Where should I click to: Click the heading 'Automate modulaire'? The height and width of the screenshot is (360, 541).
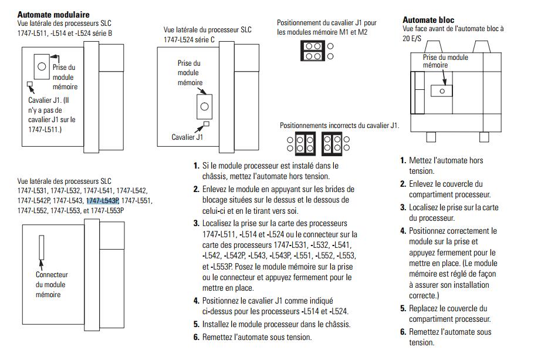tap(53, 14)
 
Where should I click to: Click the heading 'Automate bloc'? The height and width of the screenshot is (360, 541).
tap(428, 20)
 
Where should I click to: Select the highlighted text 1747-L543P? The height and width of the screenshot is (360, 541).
tap(103, 200)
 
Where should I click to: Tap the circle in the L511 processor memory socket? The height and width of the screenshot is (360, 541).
tap(41, 66)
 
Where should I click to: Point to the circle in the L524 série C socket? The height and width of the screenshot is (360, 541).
tap(204, 107)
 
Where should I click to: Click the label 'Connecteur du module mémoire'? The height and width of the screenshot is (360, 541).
tap(52, 284)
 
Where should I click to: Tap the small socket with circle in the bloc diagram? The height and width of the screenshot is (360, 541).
tap(442, 90)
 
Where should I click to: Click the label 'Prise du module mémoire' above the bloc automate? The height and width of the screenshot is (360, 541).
tap(445, 61)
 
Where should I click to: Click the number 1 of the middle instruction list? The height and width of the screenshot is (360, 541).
tap(197, 166)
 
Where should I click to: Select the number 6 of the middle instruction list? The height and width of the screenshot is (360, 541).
tap(197, 337)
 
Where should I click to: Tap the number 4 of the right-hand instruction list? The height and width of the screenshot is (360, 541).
tap(403, 231)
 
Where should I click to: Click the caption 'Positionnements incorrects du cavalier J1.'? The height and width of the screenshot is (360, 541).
tap(339, 125)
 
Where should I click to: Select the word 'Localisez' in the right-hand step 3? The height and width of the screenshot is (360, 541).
tap(425, 207)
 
